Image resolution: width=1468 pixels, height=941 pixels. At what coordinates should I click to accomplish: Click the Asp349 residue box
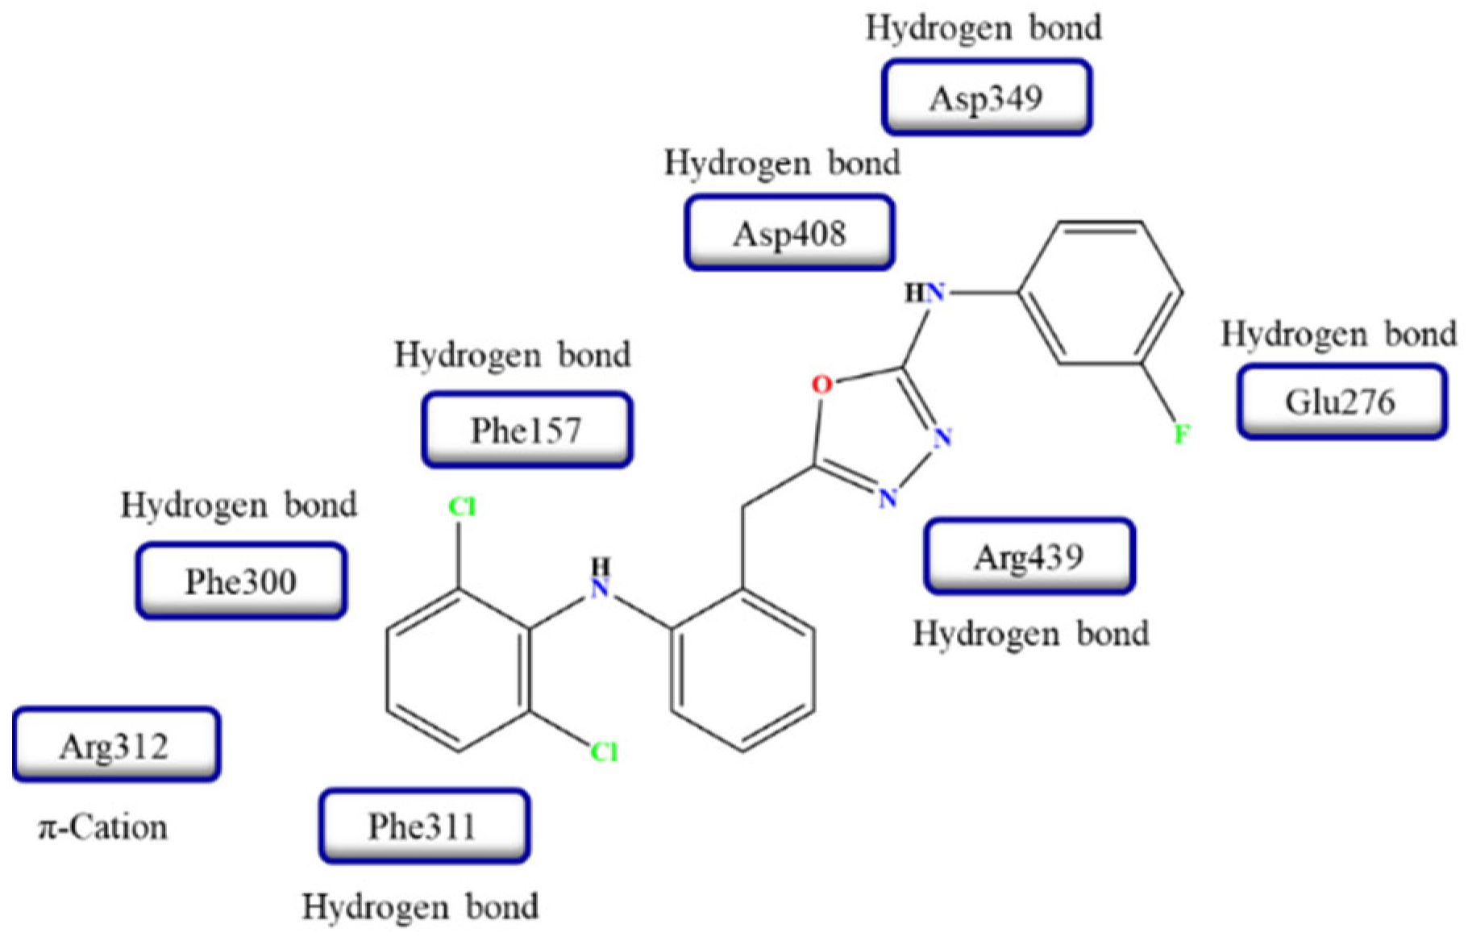[987, 98]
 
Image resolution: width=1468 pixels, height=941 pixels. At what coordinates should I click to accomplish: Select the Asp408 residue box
[789, 233]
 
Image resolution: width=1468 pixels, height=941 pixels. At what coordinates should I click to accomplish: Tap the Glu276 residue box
[1341, 402]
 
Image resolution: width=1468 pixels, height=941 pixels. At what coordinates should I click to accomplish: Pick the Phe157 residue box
[527, 430]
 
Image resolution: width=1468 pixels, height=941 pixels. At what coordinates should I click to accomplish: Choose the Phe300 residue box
[241, 581]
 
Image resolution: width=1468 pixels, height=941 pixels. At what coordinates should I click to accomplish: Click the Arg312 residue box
[116, 746]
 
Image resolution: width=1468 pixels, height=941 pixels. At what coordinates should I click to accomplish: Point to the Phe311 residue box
[424, 826]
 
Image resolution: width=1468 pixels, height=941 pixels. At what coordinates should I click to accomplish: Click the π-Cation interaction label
[103, 828]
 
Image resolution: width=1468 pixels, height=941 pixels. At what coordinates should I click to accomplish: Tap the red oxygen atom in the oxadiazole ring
[821, 385]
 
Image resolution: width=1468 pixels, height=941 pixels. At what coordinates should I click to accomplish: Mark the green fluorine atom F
[1182, 435]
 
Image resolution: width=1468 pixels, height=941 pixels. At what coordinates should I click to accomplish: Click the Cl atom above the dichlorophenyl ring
[462, 507]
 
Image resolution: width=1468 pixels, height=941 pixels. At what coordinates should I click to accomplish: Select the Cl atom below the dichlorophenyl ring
[604, 752]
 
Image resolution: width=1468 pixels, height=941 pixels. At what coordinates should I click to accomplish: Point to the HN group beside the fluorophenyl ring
[925, 294]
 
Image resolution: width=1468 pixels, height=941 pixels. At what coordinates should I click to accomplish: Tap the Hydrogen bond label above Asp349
[984, 28]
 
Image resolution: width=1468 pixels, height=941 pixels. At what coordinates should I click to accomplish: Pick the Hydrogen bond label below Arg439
[1030, 634]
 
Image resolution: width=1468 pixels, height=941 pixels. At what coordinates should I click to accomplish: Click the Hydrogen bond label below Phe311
[420, 907]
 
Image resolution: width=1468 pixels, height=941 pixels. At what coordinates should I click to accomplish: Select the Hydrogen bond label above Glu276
[1338, 334]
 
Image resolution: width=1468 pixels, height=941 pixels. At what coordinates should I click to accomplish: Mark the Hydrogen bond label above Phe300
[239, 506]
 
